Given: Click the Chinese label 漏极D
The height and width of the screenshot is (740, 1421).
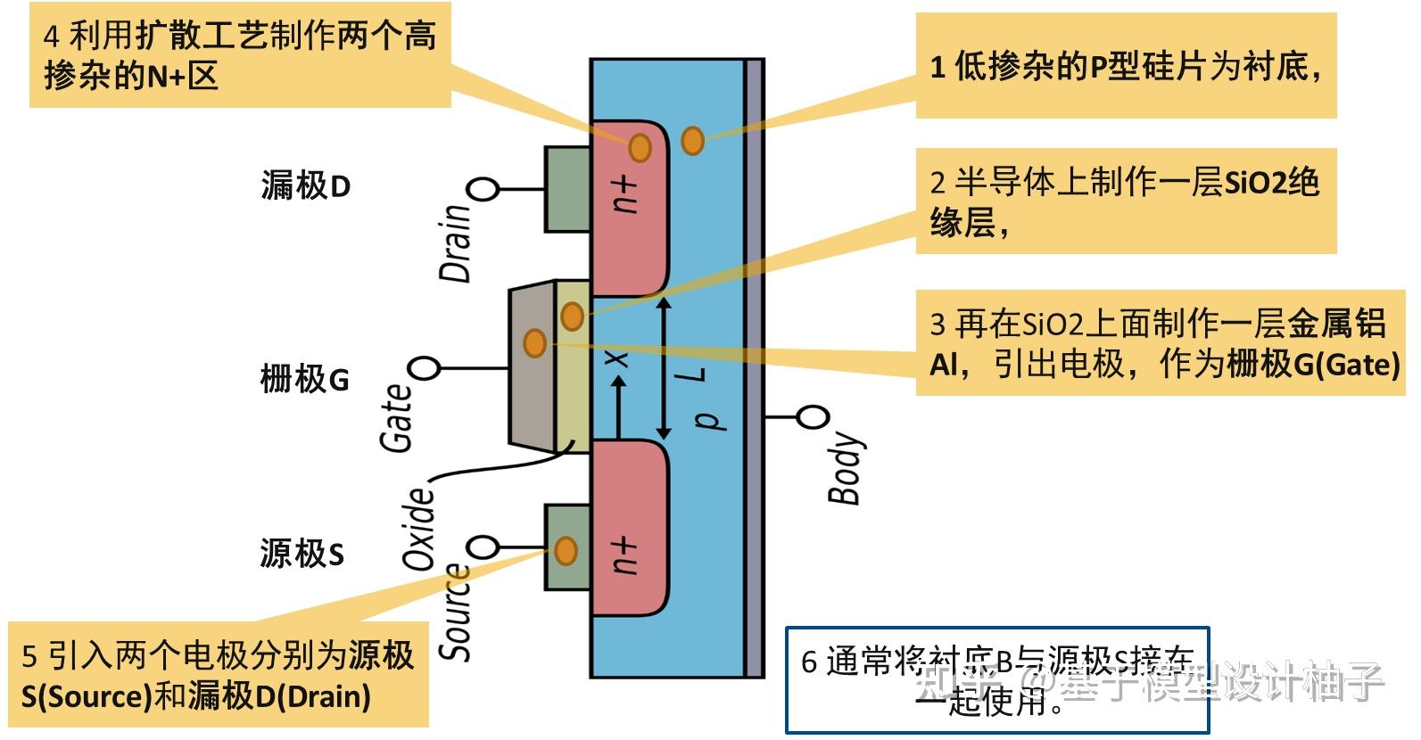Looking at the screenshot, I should click(306, 186).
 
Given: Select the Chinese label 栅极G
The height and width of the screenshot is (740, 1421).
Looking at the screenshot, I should click(304, 380).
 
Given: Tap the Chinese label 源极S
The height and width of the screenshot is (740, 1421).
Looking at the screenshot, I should click(302, 554).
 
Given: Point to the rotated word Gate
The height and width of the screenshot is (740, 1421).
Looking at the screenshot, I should click(397, 417).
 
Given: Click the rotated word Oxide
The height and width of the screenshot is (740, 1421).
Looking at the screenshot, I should click(418, 529).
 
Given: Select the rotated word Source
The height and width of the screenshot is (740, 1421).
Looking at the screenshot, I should click(456, 613).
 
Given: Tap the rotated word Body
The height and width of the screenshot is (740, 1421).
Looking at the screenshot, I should click(845, 469).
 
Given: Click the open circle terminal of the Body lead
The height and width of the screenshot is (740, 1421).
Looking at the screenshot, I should click(813, 416).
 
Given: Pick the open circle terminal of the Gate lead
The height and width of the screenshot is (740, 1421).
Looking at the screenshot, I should click(425, 368).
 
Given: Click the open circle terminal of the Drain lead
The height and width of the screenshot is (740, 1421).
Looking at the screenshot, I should click(484, 189).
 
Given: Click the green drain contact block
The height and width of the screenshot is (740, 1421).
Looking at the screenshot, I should click(567, 189).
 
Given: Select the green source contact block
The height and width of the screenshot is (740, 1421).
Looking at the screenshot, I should click(567, 547).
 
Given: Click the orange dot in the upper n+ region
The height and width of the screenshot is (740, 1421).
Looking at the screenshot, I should click(640, 147).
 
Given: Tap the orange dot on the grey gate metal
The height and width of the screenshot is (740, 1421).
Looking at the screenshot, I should click(534, 342).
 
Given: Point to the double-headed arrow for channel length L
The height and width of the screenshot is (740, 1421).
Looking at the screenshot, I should click(663, 368).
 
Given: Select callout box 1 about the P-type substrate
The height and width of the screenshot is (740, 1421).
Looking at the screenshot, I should click(1126, 66).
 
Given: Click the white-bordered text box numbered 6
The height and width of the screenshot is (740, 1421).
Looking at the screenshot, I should click(996, 680).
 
